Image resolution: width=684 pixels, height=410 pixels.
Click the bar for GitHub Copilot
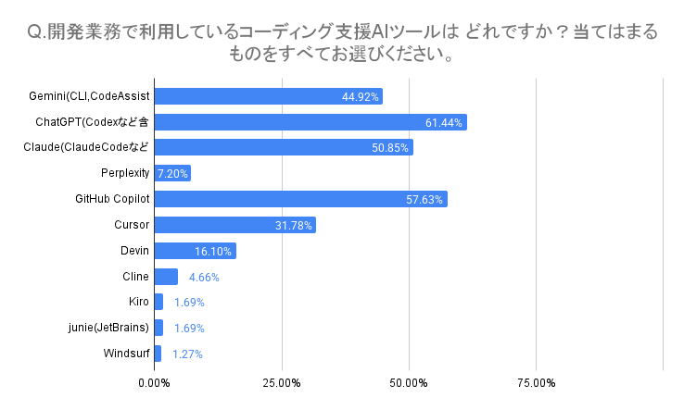click(x=300, y=199)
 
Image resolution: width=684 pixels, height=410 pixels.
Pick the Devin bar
click(x=195, y=251)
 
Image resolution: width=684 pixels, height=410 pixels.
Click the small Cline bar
click(x=165, y=277)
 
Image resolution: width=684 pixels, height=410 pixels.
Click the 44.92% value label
click(x=361, y=97)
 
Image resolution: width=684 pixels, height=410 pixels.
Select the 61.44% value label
click(x=444, y=123)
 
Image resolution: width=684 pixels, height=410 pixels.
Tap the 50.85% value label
click(x=390, y=148)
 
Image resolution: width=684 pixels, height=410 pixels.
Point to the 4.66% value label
click(x=204, y=277)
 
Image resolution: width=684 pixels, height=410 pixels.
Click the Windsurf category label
click(x=126, y=353)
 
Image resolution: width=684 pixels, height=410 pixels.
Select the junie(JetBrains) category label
click(x=108, y=328)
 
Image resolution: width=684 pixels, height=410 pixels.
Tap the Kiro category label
click(x=139, y=302)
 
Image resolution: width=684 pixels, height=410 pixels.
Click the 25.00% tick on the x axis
click(x=281, y=383)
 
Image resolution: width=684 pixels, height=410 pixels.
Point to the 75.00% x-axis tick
click(x=537, y=383)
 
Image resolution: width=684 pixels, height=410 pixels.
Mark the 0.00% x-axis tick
click(x=154, y=383)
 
